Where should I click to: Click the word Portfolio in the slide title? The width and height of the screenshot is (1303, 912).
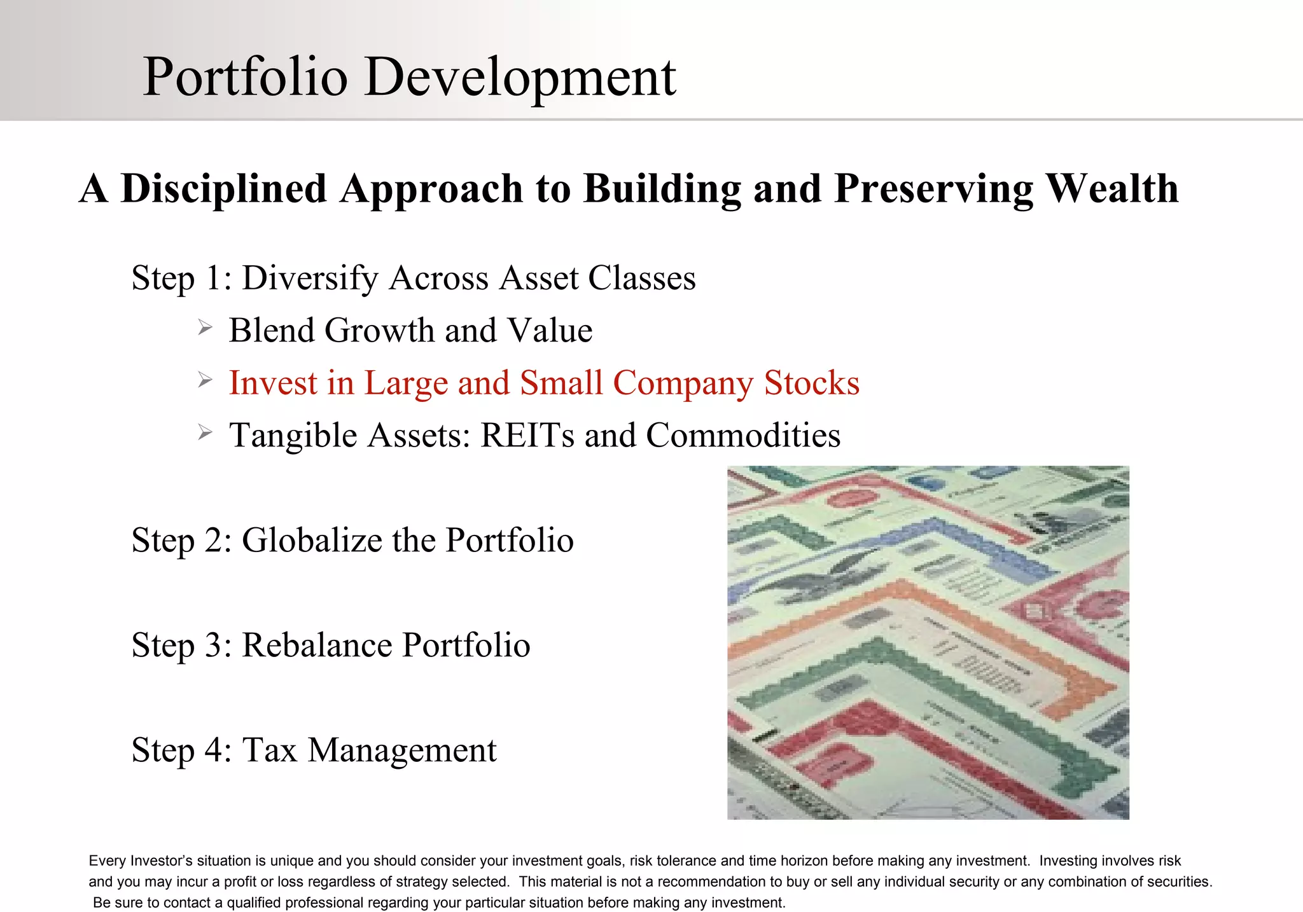point(246,78)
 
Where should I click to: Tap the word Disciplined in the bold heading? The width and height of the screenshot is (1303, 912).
point(224,189)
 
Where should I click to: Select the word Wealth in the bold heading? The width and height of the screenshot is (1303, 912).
point(1111,189)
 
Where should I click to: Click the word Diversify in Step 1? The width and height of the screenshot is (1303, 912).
point(310,279)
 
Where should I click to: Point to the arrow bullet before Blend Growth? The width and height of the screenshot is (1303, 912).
point(204,328)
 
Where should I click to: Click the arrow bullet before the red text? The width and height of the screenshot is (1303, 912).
point(204,380)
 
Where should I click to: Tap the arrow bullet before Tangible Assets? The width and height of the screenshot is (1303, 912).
point(204,433)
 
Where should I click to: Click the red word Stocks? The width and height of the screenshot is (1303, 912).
point(811,383)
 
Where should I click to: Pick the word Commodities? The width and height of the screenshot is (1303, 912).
point(742,436)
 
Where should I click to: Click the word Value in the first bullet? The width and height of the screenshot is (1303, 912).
point(550,331)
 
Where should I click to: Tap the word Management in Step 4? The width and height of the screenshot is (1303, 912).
point(402,750)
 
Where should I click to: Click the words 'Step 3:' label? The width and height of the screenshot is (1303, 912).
point(181,646)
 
